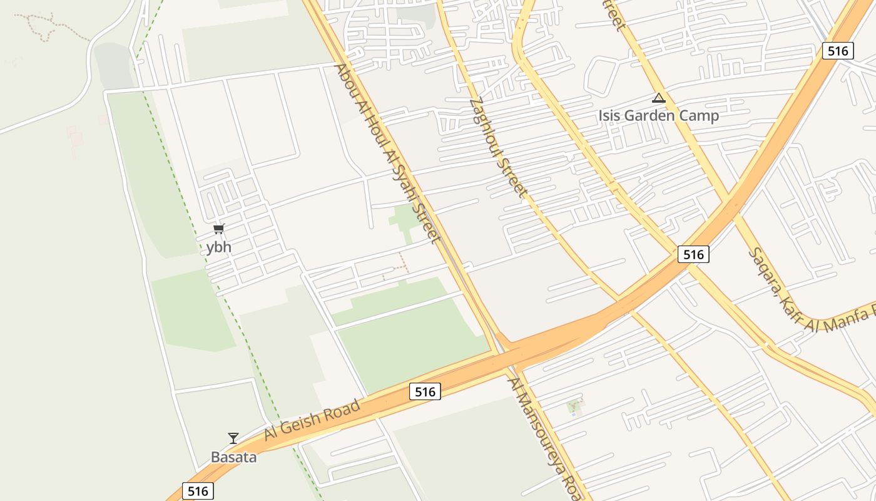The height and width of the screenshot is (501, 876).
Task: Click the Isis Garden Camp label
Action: [658, 116]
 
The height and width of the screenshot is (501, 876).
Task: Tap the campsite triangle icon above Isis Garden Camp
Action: [658, 98]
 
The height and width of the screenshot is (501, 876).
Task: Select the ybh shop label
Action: [219, 247]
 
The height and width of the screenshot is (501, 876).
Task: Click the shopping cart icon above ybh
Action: [218, 229]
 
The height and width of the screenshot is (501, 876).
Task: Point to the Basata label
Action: [233, 457]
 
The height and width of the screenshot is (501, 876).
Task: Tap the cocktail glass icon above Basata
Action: [233, 438]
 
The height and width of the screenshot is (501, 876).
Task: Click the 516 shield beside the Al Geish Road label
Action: [425, 392]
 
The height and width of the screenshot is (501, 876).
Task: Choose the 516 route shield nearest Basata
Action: [198, 491]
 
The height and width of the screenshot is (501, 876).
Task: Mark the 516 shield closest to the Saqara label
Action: [693, 254]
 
